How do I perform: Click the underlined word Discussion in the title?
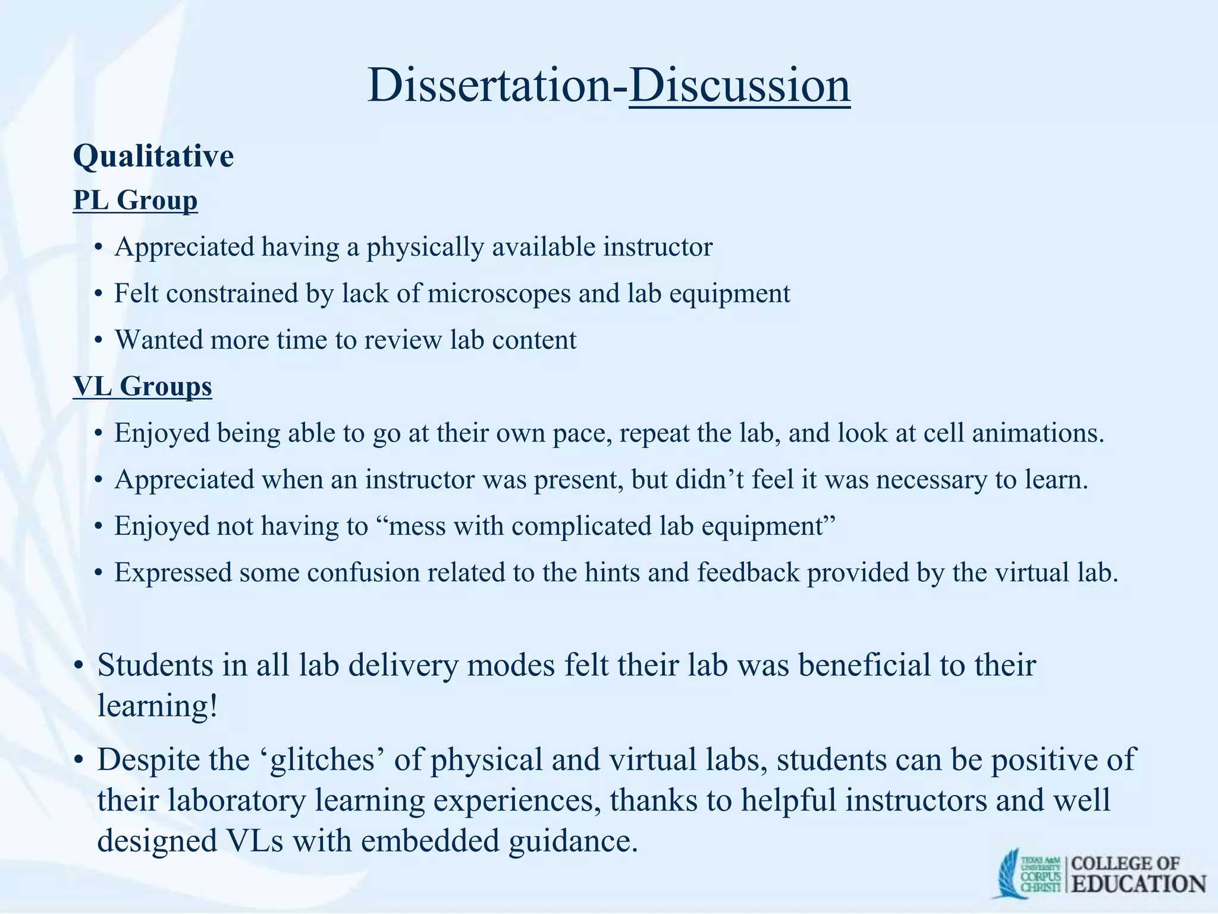(x=739, y=86)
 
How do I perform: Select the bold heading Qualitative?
(x=153, y=156)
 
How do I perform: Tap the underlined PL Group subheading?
(x=135, y=200)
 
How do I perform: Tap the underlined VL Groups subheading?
(x=142, y=386)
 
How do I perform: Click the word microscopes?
(x=498, y=293)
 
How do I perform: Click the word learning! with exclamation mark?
(x=158, y=706)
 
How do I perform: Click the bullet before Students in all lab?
(x=78, y=666)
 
